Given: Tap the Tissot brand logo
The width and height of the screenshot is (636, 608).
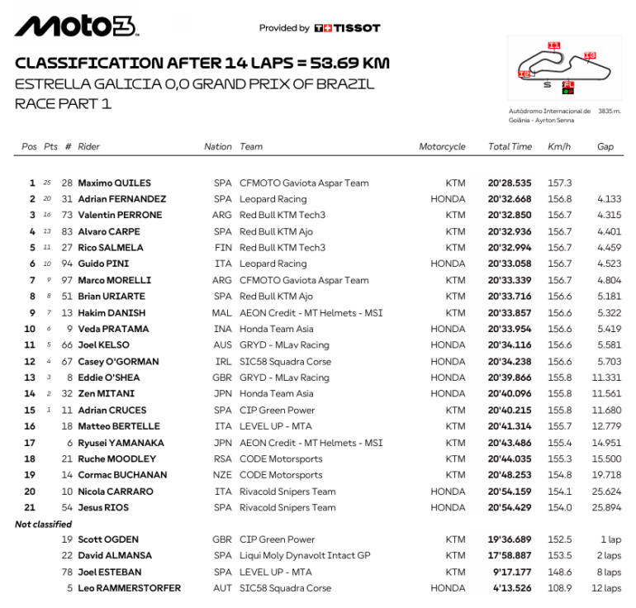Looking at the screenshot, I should pos(347,28).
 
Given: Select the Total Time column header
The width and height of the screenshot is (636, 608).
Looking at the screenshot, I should pos(510,147).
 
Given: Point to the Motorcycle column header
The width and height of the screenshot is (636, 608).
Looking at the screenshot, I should pos(442,147).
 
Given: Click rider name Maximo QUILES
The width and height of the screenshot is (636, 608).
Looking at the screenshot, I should pos(114,183).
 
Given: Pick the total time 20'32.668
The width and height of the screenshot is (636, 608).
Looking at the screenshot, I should pos(510,199).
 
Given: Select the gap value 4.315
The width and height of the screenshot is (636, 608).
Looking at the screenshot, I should pos(608,215).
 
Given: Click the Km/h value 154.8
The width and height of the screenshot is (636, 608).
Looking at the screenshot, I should pos(559,475).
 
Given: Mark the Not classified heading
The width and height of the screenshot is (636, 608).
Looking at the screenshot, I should pos(43,524).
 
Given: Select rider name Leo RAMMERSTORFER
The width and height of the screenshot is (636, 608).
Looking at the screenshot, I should pos(129,588).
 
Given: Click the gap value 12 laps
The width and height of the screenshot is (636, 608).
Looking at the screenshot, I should pos(607,588).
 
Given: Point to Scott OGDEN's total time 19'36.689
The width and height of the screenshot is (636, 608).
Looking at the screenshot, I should pos(510,539).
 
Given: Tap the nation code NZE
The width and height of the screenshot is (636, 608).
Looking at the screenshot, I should pos(223,475).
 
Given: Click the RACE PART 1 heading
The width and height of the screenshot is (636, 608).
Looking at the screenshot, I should pos(63,103).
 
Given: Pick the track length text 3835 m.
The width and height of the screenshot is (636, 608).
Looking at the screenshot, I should pos(610,111).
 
